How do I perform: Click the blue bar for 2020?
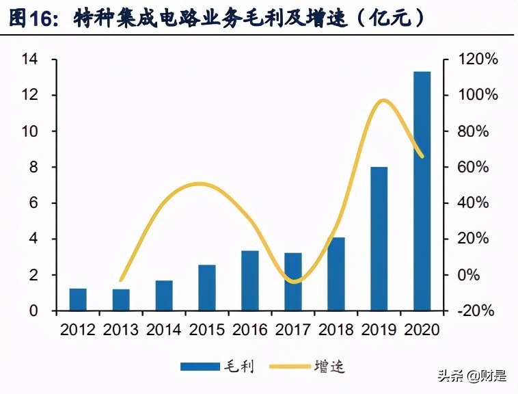pyautogui.click(x=422, y=191)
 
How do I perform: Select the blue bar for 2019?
pyautogui.click(x=379, y=239)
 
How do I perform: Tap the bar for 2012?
pyautogui.click(x=79, y=300)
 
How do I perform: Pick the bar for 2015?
pyautogui.click(x=207, y=287)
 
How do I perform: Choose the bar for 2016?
pyautogui.click(x=250, y=280)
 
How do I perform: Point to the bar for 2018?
pyautogui.click(x=336, y=274)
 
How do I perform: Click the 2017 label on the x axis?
pyautogui.click(x=293, y=330)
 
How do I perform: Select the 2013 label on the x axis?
pyautogui.click(x=121, y=330)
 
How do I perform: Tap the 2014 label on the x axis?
pyautogui.click(x=164, y=330)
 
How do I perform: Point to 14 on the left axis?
pyautogui.click(x=29, y=60)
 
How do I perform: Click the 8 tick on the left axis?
pyautogui.click(x=33, y=168)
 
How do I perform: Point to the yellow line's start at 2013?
pyautogui.click(x=121, y=280)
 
